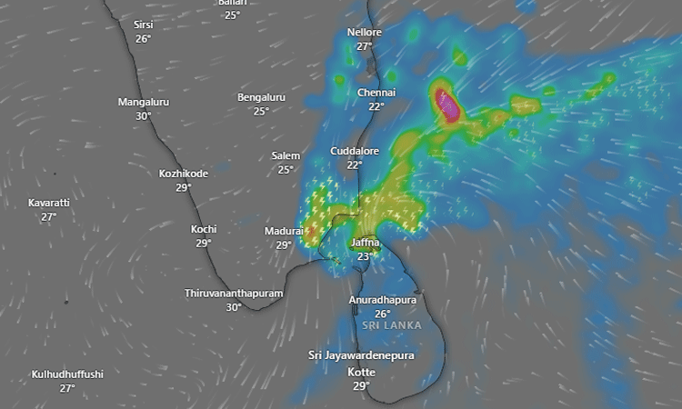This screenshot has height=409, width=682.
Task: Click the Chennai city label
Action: (376, 93)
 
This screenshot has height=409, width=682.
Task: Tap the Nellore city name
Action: (365, 33)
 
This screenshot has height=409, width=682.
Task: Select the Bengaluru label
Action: (261, 97)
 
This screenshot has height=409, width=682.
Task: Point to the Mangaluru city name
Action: (144, 102)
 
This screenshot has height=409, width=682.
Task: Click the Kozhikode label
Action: (184, 174)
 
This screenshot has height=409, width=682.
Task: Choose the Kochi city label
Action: (204, 229)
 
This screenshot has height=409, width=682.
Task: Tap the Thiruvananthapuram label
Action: (234, 294)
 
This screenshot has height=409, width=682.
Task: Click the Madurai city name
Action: (284, 231)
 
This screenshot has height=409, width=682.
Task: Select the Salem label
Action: (286, 155)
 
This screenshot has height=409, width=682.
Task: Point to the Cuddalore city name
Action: (355, 151)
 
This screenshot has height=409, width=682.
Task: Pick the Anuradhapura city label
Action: (383, 300)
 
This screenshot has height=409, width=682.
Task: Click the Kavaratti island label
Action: (49, 202)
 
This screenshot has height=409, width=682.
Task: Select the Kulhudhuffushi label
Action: (67, 374)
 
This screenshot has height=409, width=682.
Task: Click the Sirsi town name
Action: (144, 25)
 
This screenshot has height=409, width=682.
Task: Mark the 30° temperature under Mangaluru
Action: (144, 115)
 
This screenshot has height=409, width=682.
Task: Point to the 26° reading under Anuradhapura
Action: (383, 314)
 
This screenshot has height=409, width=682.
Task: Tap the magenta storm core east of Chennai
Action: (447, 106)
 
